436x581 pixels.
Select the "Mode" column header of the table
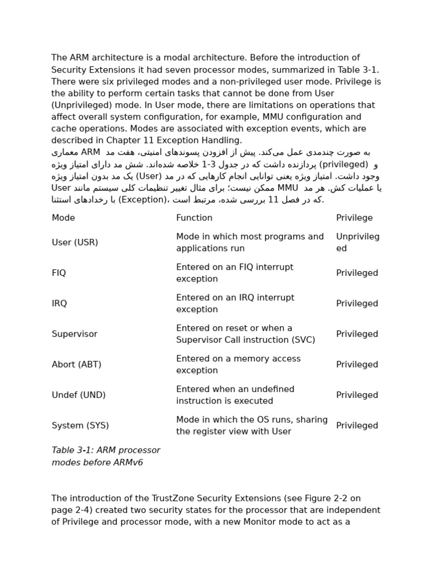[x=63, y=218]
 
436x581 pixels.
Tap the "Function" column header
[x=194, y=218]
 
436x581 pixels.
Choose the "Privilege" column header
[x=354, y=218]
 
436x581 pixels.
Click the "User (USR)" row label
[x=75, y=243]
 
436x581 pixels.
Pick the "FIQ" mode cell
[x=59, y=273]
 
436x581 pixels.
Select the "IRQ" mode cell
[x=59, y=304]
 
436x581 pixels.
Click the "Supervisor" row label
[x=74, y=335]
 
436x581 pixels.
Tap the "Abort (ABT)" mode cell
[x=77, y=365]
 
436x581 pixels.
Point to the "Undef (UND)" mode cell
[x=78, y=395]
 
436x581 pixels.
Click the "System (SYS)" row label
[x=80, y=426]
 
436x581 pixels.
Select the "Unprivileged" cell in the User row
[x=358, y=243]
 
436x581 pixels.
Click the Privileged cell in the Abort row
[x=357, y=365]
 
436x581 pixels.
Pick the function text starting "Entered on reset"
[x=234, y=329]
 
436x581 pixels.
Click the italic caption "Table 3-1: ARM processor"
[x=106, y=451]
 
